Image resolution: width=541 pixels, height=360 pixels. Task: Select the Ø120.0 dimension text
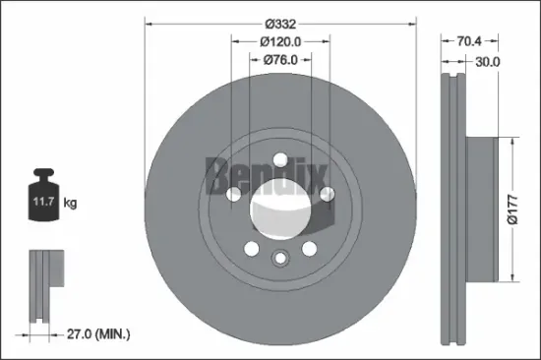click(280, 41)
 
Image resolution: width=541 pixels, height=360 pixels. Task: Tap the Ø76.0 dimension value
click(280, 60)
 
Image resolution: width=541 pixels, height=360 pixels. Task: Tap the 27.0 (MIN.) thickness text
click(98, 335)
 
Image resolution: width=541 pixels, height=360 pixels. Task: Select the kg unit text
click(70, 204)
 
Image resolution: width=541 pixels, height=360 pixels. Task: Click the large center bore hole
click(279, 208)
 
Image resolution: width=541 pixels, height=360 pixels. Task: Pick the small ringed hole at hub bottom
click(279, 259)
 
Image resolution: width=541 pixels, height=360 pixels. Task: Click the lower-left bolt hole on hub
click(251, 247)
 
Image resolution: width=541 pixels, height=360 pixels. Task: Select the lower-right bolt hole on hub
click(309, 247)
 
